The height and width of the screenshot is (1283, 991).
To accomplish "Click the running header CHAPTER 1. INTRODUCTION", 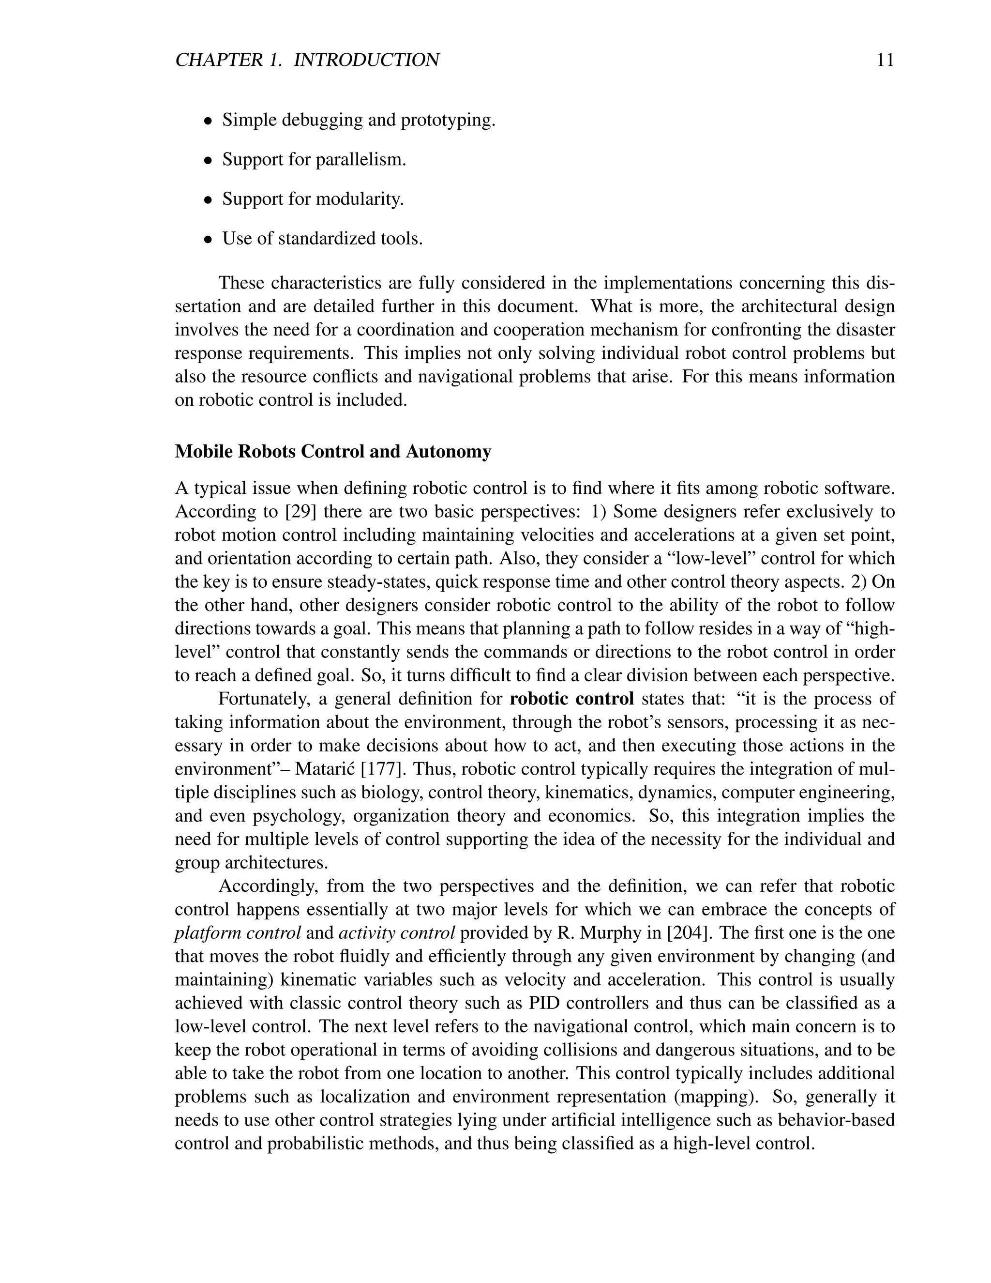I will click(307, 60).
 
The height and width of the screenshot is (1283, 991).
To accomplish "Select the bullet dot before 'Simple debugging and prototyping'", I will click(207, 122).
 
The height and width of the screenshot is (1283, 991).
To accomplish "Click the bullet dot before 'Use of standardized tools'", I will click(207, 240).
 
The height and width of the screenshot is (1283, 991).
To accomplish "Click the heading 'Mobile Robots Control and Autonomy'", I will click(333, 452).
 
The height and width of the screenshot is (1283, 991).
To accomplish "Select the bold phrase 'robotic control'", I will click(572, 699).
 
